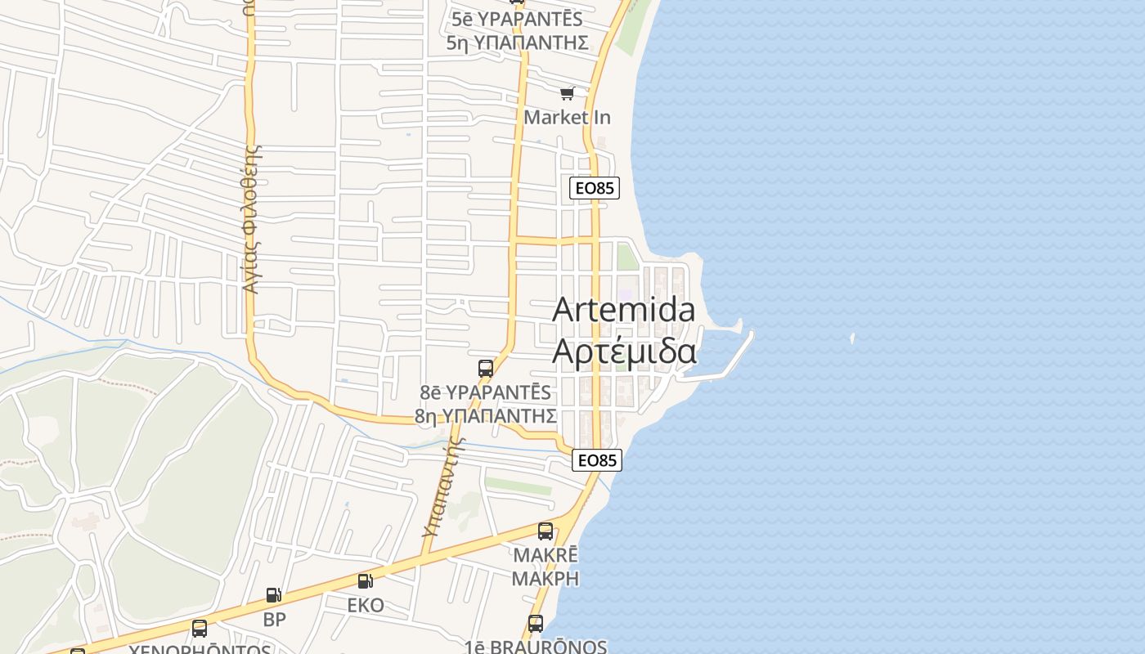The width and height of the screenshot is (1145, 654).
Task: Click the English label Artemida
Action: [x=624, y=310]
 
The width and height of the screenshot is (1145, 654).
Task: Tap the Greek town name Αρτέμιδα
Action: [x=624, y=351]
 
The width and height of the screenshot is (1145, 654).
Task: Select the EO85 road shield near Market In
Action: [x=595, y=188]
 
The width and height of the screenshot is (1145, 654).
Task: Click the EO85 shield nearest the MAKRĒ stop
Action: [x=597, y=460]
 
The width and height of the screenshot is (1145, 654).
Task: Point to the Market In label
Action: [x=567, y=117]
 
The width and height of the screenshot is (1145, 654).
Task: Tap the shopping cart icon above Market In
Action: [x=567, y=94]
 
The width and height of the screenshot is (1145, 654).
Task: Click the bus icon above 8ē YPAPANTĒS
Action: [x=486, y=368]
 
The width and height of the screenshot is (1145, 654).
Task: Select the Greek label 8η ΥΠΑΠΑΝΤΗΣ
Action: [x=486, y=415]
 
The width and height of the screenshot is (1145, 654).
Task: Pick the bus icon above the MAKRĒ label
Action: [x=546, y=531]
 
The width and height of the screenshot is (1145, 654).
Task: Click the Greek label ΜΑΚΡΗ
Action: [x=546, y=578]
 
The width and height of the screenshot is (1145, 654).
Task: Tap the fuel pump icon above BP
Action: [x=274, y=595]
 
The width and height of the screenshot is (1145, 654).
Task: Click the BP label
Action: [x=275, y=619]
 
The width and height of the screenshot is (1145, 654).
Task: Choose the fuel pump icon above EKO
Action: [x=365, y=581]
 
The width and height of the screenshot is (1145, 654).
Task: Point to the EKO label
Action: [x=366, y=605]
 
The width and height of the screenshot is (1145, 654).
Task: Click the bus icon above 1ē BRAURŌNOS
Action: [x=536, y=624]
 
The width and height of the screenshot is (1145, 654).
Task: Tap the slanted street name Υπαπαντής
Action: [x=442, y=489]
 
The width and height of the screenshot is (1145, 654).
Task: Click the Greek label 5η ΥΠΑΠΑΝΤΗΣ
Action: [x=518, y=43]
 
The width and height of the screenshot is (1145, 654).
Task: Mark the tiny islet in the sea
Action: [x=852, y=338]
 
